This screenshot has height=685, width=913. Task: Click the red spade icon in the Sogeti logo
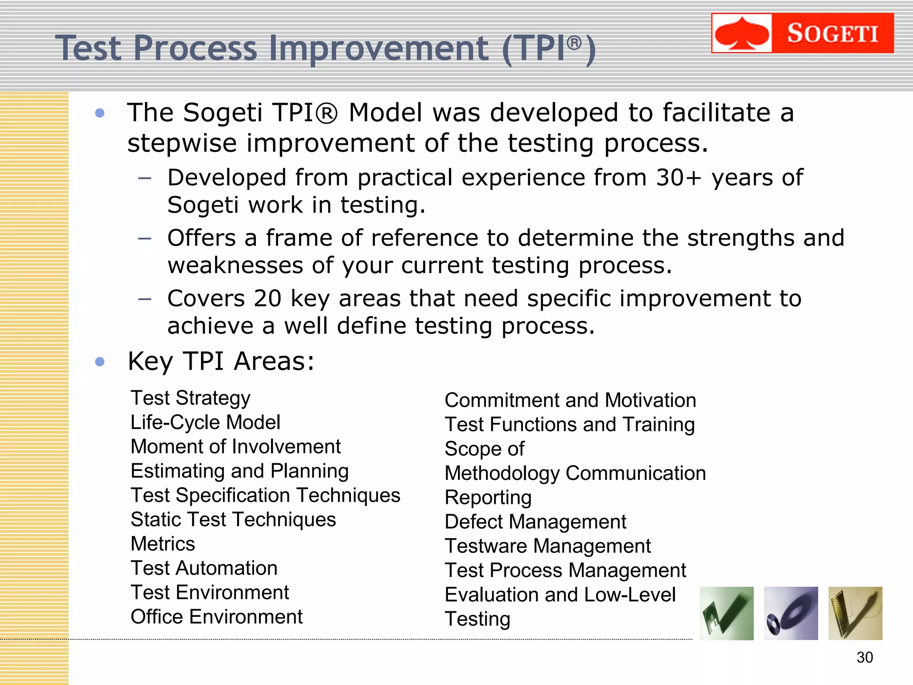742,33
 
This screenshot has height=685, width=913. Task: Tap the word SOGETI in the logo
832,33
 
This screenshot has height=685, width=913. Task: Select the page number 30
864,657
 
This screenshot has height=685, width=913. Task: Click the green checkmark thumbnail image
727,613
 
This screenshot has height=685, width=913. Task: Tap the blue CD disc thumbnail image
791,613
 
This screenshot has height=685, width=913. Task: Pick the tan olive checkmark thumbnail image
855,613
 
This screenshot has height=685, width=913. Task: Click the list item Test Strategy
190,398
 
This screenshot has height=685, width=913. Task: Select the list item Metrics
163,544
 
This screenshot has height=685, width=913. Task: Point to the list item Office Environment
216,617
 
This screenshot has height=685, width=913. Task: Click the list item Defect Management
535,522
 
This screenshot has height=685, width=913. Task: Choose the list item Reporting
488,497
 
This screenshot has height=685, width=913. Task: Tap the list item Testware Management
547,546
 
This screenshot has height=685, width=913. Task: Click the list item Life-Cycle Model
205,422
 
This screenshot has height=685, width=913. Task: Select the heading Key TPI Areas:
221,361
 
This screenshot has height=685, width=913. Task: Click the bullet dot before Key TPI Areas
100,361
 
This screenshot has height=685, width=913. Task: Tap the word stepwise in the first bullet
182,144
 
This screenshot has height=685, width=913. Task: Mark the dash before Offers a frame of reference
145,239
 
